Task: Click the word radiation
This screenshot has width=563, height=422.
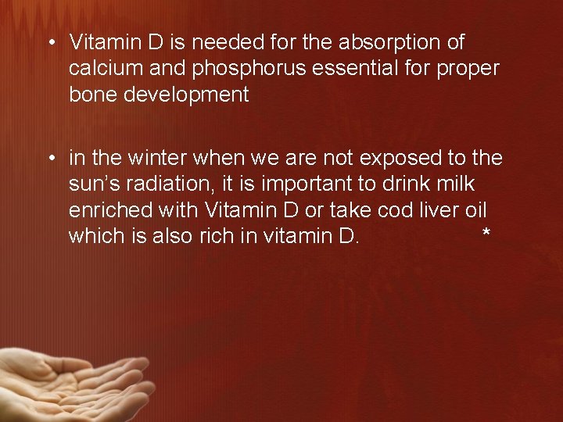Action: click(167, 184)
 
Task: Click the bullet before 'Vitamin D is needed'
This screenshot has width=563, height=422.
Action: click(50, 42)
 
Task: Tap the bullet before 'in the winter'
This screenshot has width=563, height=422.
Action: click(50, 158)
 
